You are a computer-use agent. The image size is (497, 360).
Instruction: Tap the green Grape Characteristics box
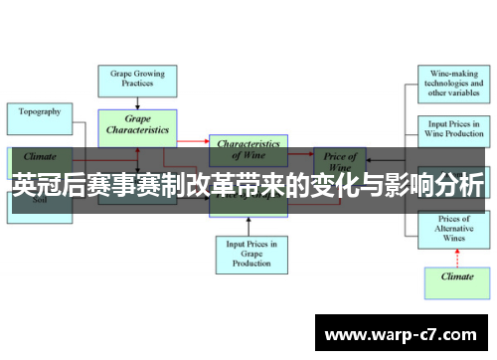pyautogui.click(x=137, y=125)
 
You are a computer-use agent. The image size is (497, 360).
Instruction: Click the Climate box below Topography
pyautogui.click(x=40, y=156)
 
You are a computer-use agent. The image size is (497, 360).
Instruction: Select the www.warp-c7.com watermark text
pyautogui.click(x=403, y=331)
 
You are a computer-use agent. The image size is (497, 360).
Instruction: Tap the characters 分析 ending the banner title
pyautogui.click(x=462, y=187)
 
